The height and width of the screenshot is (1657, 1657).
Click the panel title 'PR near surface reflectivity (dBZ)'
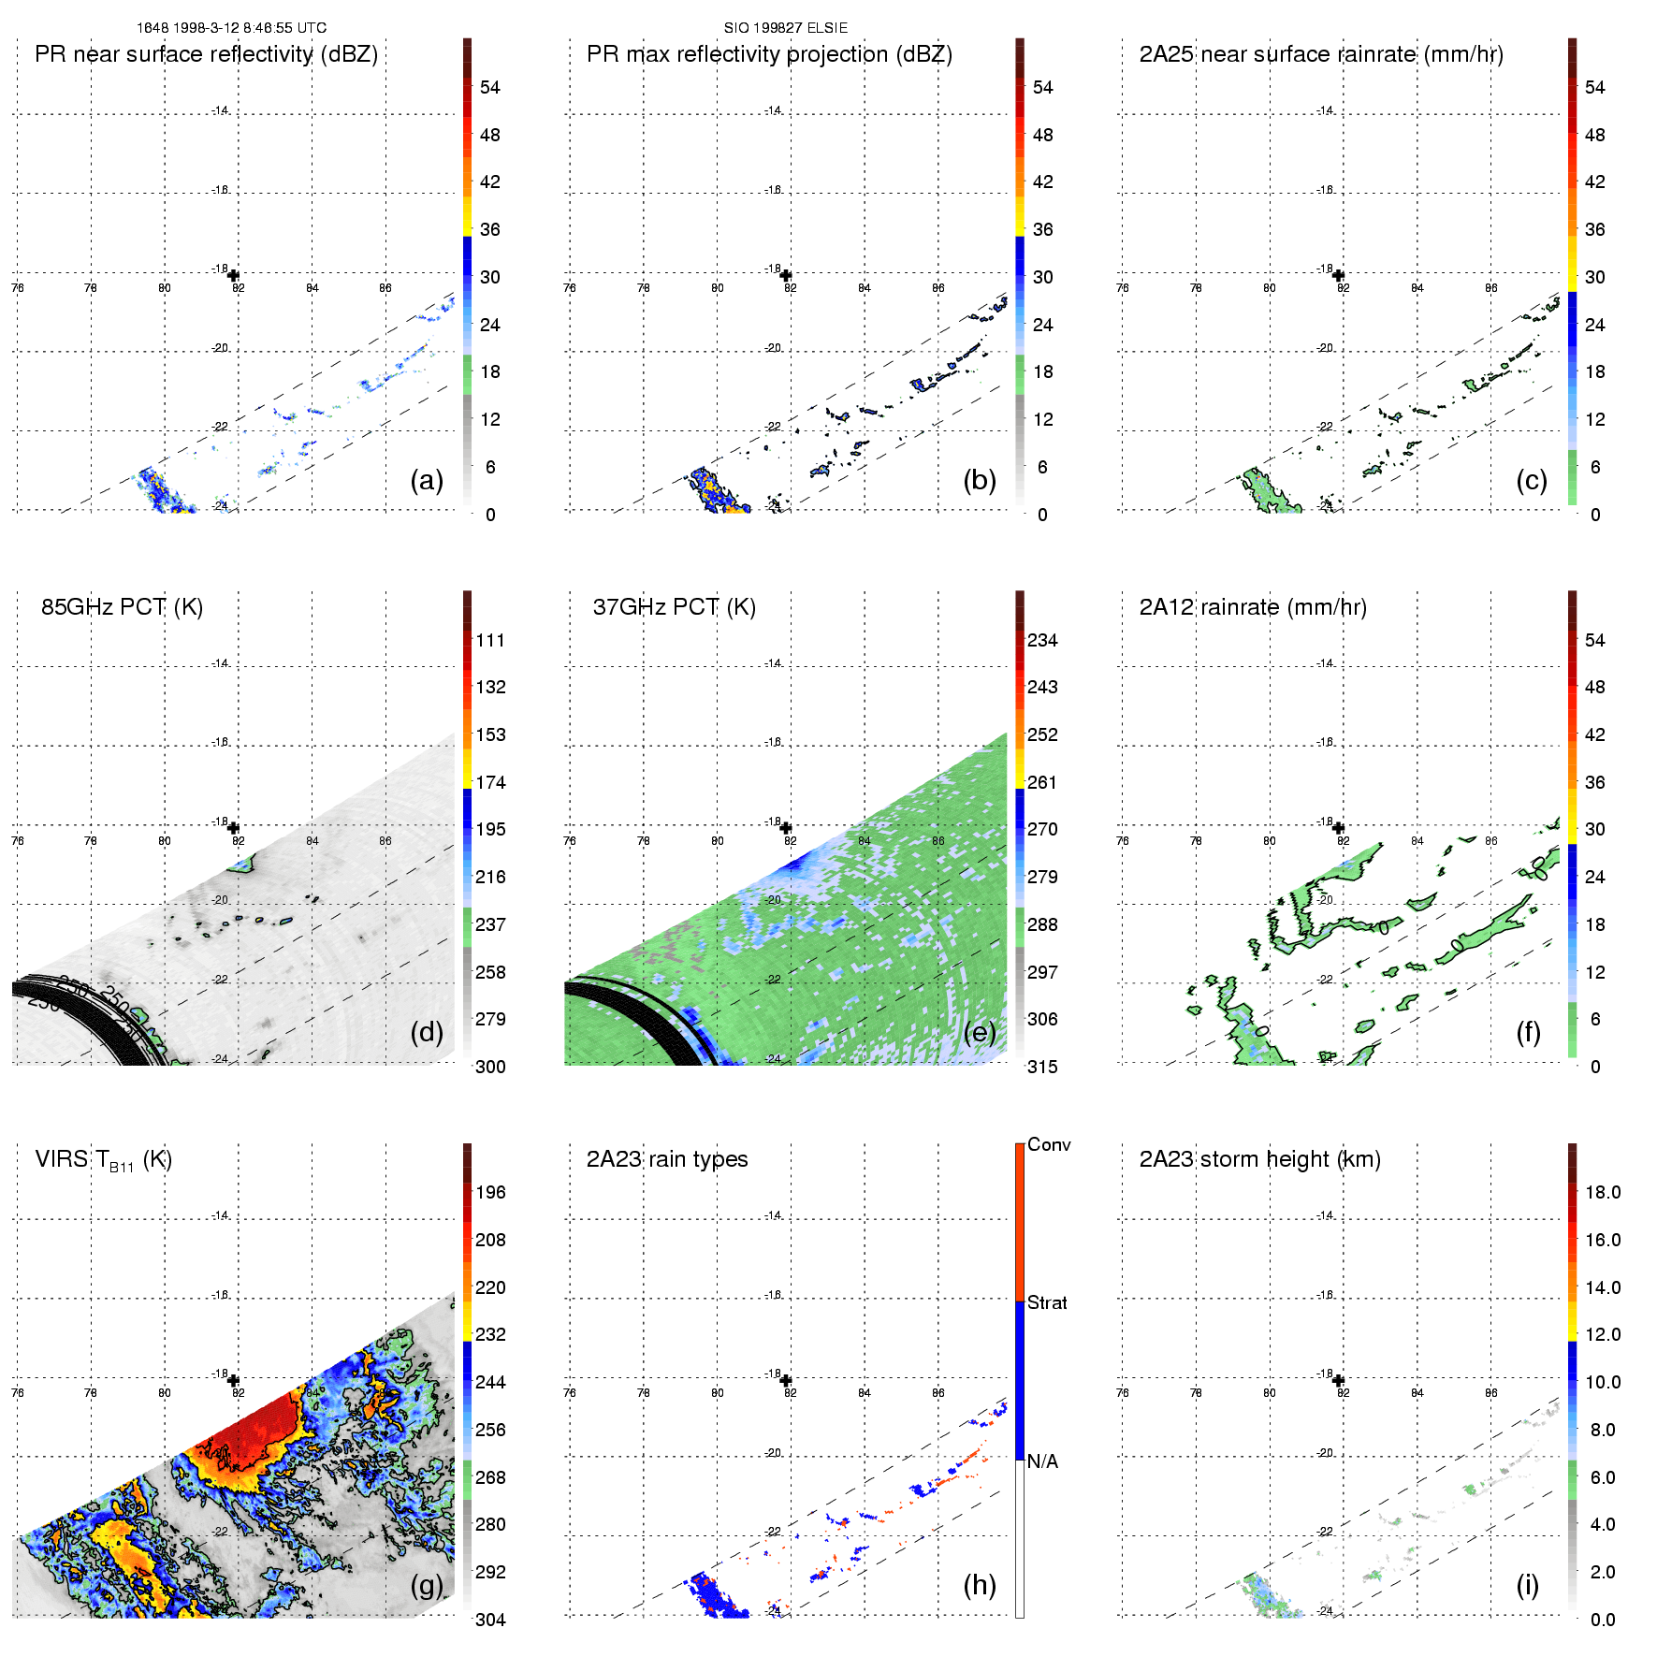tap(206, 54)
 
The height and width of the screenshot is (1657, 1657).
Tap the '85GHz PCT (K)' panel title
tap(122, 606)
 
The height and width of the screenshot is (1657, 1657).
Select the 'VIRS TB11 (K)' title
tap(103, 1160)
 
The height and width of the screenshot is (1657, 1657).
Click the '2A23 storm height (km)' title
tap(1259, 1159)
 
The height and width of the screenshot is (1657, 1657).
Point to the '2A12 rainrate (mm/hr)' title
tap(1253, 607)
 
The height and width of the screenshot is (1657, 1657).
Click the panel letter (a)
tap(427, 480)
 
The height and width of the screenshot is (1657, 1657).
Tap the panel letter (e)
tap(980, 1032)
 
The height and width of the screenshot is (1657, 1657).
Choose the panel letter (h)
tap(980, 1584)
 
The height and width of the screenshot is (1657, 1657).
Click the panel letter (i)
tap(1527, 1584)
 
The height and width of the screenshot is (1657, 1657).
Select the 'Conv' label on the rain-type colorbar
tap(1049, 1144)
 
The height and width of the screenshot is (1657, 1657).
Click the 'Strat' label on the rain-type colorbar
tap(1047, 1302)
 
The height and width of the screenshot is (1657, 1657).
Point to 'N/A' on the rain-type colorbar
tap(1042, 1461)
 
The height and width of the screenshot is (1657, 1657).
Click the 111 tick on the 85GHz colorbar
tap(490, 640)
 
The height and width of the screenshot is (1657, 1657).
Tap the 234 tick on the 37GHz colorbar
tap(1042, 640)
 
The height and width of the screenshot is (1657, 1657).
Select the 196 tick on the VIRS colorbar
tap(490, 1192)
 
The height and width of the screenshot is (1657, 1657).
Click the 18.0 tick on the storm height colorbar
tap(1603, 1192)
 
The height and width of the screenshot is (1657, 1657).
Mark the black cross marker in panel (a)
tap(233, 275)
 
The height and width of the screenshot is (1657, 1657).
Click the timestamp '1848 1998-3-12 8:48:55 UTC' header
tap(231, 28)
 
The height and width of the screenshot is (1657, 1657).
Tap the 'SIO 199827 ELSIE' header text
tap(786, 28)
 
